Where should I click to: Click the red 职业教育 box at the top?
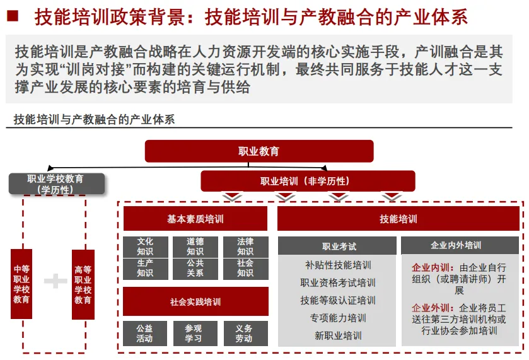259,151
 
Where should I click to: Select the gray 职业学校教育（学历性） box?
55,184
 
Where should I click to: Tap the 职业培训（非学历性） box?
308,182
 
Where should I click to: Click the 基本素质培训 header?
195,219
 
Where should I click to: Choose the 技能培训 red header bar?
398,219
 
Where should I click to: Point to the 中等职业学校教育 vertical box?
21,284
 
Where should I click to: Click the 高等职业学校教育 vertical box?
83,284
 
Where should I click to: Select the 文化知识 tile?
145,247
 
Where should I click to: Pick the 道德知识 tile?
195,247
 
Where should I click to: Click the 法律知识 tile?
245,247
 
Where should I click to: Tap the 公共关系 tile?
195,269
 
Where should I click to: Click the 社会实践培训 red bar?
195,302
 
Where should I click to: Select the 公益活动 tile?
145,334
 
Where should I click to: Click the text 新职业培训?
339,335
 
